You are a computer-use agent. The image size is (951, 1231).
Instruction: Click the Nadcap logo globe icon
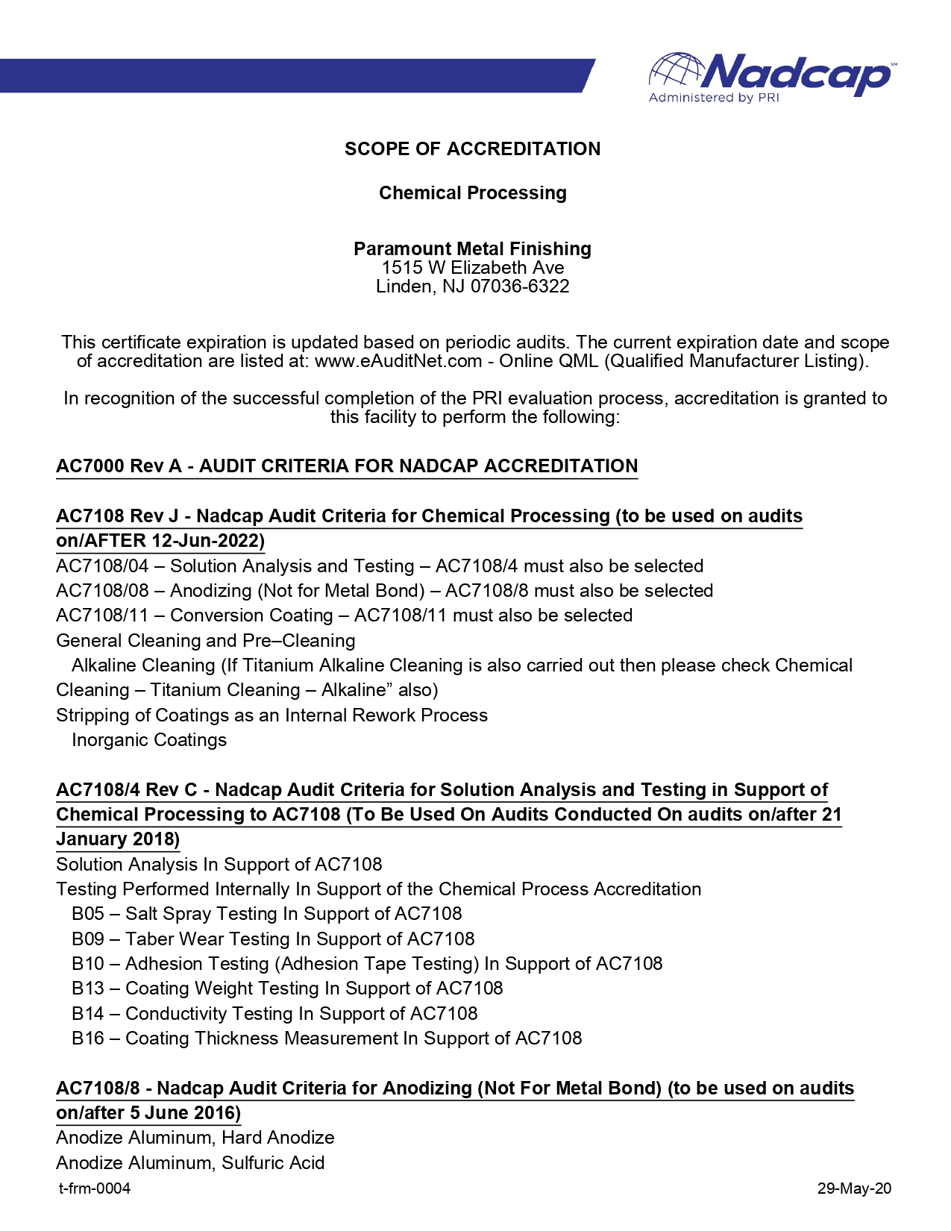676,71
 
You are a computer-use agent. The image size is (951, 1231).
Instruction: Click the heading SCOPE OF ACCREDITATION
472,149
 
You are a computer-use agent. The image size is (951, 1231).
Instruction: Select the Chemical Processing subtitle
472,193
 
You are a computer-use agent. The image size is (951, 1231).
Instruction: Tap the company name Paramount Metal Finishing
472,248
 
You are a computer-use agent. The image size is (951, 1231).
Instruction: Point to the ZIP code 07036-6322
520,286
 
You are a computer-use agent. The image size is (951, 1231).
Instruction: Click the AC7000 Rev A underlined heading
347,466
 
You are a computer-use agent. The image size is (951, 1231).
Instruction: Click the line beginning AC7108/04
380,566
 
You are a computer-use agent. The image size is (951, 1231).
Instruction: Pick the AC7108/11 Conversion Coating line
344,615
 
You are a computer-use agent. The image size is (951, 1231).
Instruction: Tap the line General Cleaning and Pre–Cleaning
206,641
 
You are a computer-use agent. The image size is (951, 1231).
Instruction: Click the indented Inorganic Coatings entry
149,740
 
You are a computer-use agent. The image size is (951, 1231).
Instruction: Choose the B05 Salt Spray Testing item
266,914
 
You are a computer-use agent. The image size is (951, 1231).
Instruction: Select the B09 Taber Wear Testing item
273,939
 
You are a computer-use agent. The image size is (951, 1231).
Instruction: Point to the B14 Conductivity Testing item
274,1013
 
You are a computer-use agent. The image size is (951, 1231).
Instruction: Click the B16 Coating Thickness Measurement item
327,1039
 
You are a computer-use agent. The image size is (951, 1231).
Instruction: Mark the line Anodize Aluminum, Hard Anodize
195,1138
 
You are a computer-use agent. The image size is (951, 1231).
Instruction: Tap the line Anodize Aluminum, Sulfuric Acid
190,1163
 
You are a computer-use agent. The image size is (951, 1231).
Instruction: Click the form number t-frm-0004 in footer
95,1188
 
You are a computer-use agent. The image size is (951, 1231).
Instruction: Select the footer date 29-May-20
854,1188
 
